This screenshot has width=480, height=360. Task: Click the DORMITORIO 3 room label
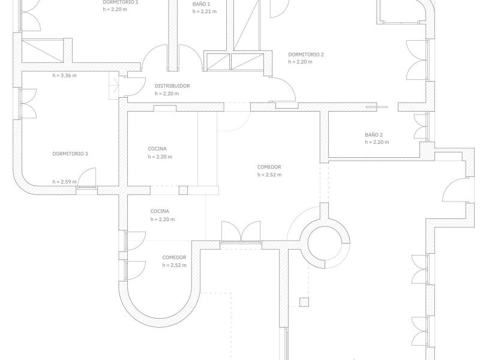(70, 154)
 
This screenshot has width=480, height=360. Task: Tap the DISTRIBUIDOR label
(172, 86)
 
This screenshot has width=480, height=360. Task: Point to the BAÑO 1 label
(202, 4)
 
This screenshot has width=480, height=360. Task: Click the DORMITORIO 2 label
(306, 55)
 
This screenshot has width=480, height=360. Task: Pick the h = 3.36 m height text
(64, 76)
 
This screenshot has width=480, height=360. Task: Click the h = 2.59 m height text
(64, 182)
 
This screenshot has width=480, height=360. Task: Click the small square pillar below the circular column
(304, 302)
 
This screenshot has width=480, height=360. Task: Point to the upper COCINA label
(157, 149)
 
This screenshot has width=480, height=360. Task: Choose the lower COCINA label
(160, 211)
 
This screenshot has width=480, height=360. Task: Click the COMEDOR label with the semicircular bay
(174, 257)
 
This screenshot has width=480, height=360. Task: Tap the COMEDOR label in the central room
(269, 167)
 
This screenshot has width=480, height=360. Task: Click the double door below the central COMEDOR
(241, 231)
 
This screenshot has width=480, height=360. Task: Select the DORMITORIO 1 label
(121, 3)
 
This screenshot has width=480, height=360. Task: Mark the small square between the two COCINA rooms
(184, 191)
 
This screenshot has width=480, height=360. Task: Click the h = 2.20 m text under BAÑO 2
(377, 142)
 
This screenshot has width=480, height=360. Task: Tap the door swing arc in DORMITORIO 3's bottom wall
(87, 178)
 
